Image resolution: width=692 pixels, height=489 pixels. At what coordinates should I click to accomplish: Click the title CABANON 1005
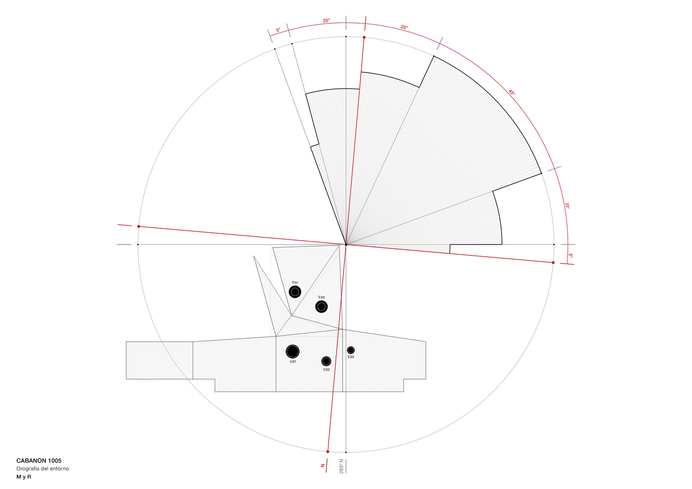39,461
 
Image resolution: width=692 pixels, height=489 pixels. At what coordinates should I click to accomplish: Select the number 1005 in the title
55,461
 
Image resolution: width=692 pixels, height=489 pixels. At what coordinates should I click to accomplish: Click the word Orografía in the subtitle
28,468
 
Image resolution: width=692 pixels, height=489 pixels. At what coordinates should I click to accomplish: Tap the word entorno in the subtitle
59,468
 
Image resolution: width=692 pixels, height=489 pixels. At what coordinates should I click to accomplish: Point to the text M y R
24,477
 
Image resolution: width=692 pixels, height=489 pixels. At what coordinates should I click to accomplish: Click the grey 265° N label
342,466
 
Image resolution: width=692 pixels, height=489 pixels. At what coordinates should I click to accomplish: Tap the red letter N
323,466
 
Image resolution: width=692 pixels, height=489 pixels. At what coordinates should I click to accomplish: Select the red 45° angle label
512,92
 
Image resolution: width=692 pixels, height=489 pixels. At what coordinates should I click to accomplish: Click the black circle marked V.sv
295,292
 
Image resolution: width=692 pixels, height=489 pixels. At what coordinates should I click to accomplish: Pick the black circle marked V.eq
322,307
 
